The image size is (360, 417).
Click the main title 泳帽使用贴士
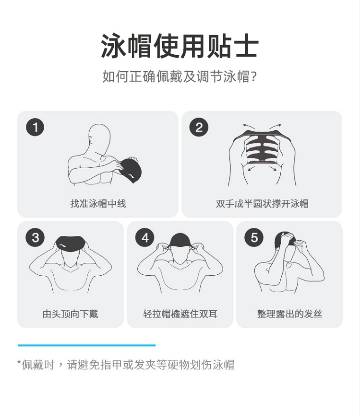(x=180, y=46)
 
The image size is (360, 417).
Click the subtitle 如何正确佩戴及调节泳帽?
(x=180, y=76)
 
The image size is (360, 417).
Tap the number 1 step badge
(x=35, y=127)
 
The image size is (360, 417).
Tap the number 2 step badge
(x=199, y=127)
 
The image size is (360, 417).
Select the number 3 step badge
(x=35, y=237)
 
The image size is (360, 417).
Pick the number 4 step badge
(x=144, y=237)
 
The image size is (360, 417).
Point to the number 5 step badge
(x=254, y=237)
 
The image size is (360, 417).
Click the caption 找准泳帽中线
(x=98, y=204)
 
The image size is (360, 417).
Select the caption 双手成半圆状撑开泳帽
(x=262, y=204)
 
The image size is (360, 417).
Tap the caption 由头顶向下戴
(x=71, y=314)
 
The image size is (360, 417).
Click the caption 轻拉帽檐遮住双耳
(x=180, y=314)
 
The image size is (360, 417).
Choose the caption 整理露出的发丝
(x=289, y=314)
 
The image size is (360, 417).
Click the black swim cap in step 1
(x=130, y=170)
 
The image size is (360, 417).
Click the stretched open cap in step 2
(x=262, y=147)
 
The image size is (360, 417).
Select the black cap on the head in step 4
(x=180, y=240)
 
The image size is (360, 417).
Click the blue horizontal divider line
(x=86, y=345)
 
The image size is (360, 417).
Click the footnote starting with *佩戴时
(x=126, y=365)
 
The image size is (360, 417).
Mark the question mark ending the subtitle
(x=254, y=76)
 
